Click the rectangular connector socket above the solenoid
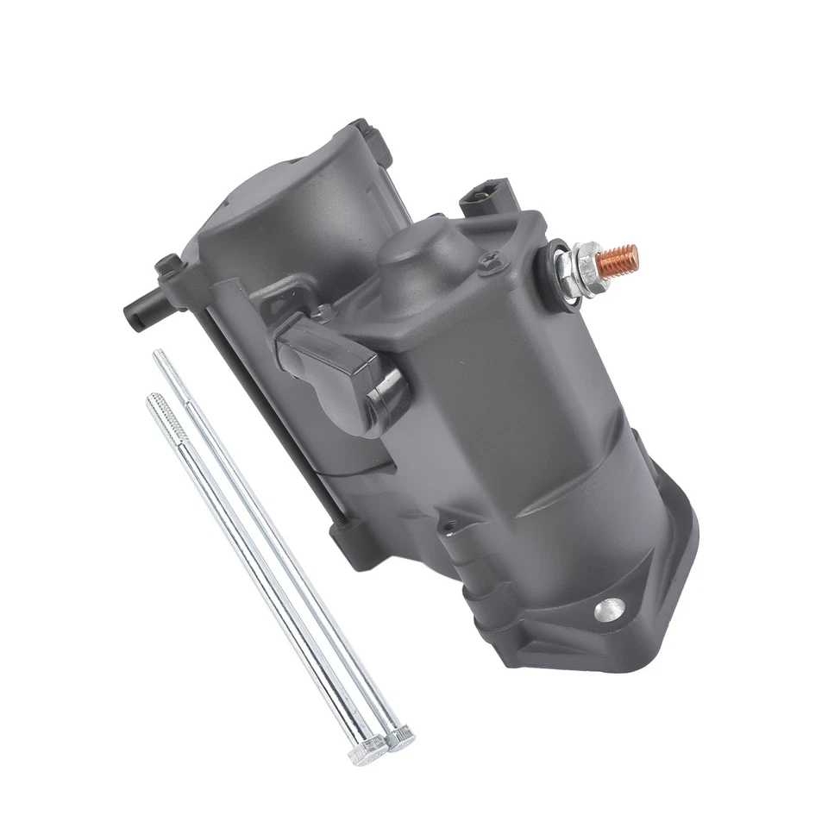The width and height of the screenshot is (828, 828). pos(484,198)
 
